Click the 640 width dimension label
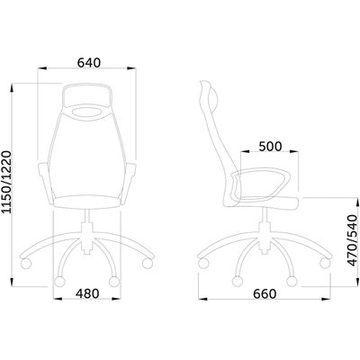click(x=89, y=63)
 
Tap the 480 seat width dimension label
click(x=87, y=293)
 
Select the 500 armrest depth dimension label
click(x=270, y=147)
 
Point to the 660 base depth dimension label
click(x=265, y=294)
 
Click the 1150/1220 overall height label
click(x=6, y=182)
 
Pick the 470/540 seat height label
click(x=353, y=240)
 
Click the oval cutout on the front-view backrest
click(x=87, y=112)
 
